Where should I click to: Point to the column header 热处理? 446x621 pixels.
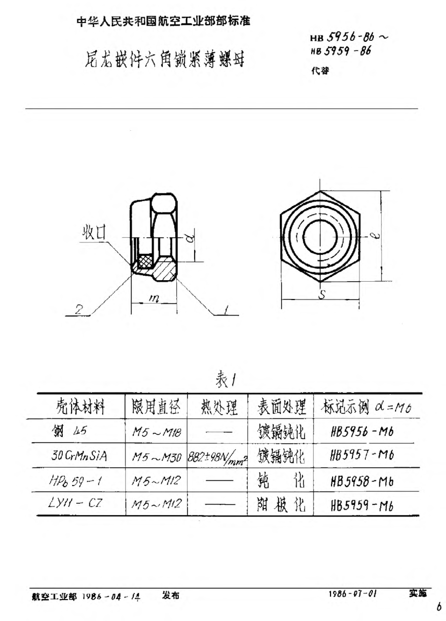click(x=218, y=409)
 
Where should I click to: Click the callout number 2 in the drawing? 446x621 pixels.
click(x=78, y=310)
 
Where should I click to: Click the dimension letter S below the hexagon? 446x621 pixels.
click(x=321, y=295)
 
